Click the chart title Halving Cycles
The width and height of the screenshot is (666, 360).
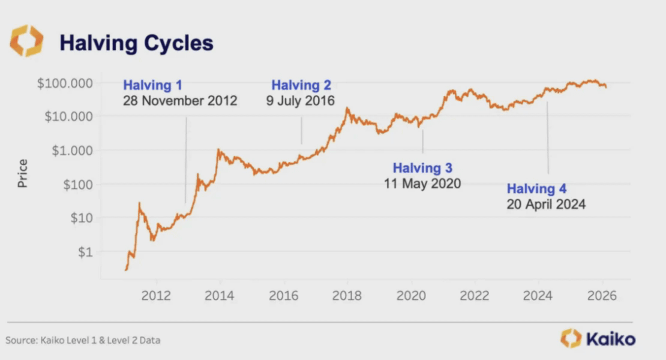[136, 43]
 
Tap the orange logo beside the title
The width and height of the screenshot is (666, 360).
[26, 41]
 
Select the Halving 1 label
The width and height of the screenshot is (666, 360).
[152, 85]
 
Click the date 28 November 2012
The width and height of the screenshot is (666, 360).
[180, 100]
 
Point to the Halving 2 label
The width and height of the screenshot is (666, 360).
[301, 85]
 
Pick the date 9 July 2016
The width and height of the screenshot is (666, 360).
[301, 100]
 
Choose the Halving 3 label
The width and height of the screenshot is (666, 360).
[422, 168]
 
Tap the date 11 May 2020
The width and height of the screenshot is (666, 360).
[422, 183]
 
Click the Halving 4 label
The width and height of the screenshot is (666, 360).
[536, 189]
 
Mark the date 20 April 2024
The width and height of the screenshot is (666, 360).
[545, 204]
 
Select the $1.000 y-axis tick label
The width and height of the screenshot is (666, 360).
[70, 151]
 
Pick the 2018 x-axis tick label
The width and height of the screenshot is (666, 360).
[347, 295]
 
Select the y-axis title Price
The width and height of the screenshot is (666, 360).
[23, 173]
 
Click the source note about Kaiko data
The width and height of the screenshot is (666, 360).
[83, 340]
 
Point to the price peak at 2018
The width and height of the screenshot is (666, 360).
[347, 109]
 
